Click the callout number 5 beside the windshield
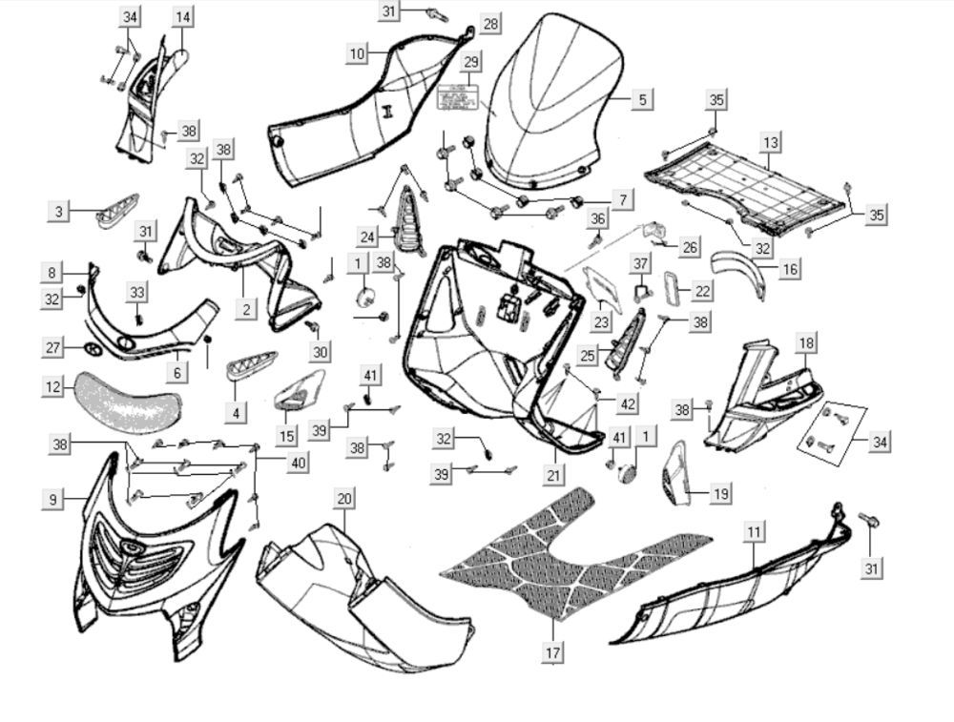pyautogui.click(x=641, y=99)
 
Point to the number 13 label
pyautogui.click(x=770, y=143)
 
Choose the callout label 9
pyautogui.click(x=54, y=499)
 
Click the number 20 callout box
pyautogui.click(x=344, y=499)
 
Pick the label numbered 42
pyautogui.click(x=626, y=404)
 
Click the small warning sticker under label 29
pyautogui.click(x=454, y=97)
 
